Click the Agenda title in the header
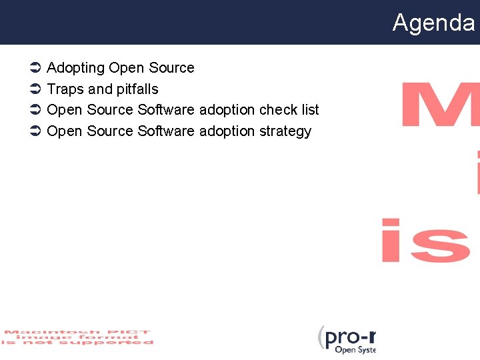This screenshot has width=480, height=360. [433, 23]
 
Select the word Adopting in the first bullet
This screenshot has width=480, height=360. [76, 68]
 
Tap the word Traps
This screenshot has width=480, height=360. [65, 89]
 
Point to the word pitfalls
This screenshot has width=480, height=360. [137, 89]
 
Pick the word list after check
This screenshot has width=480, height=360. [309, 110]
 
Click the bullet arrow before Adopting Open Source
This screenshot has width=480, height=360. [37, 68]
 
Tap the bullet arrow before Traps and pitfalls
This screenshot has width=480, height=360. [37, 89]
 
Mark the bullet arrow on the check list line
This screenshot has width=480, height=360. [37, 110]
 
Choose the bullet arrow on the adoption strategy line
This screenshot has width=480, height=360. [37, 131]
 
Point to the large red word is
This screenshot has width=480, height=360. [427, 240]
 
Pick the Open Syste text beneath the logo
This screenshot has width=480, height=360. [355, 350]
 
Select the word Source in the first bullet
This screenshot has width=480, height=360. [171, 68]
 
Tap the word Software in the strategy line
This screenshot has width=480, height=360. [166, 131]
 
